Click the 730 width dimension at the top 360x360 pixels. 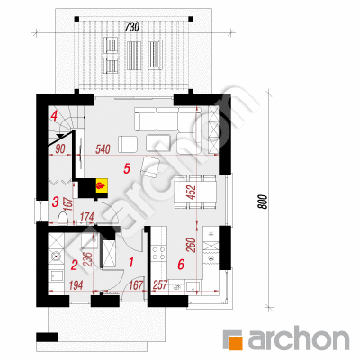[132, 27]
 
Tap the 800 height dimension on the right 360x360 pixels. [262, 202]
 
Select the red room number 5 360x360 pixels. [127, 168]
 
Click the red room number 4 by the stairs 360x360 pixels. [54, 115]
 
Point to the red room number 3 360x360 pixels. [55, 202]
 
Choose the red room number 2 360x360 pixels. [74, 265]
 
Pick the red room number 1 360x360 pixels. [130, 262]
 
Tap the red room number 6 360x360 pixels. [181, 265]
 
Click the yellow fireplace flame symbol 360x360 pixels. [101, 185]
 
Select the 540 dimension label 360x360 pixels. [103, 149]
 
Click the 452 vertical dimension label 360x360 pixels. [193, 193]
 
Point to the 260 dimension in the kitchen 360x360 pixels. [193, 245]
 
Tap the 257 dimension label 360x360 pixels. [160, 285]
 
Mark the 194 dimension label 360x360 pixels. [76, 285]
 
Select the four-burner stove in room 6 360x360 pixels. [158, 252]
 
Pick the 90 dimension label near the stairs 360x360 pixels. [60, 149]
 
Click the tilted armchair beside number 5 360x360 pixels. [151, 166]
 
